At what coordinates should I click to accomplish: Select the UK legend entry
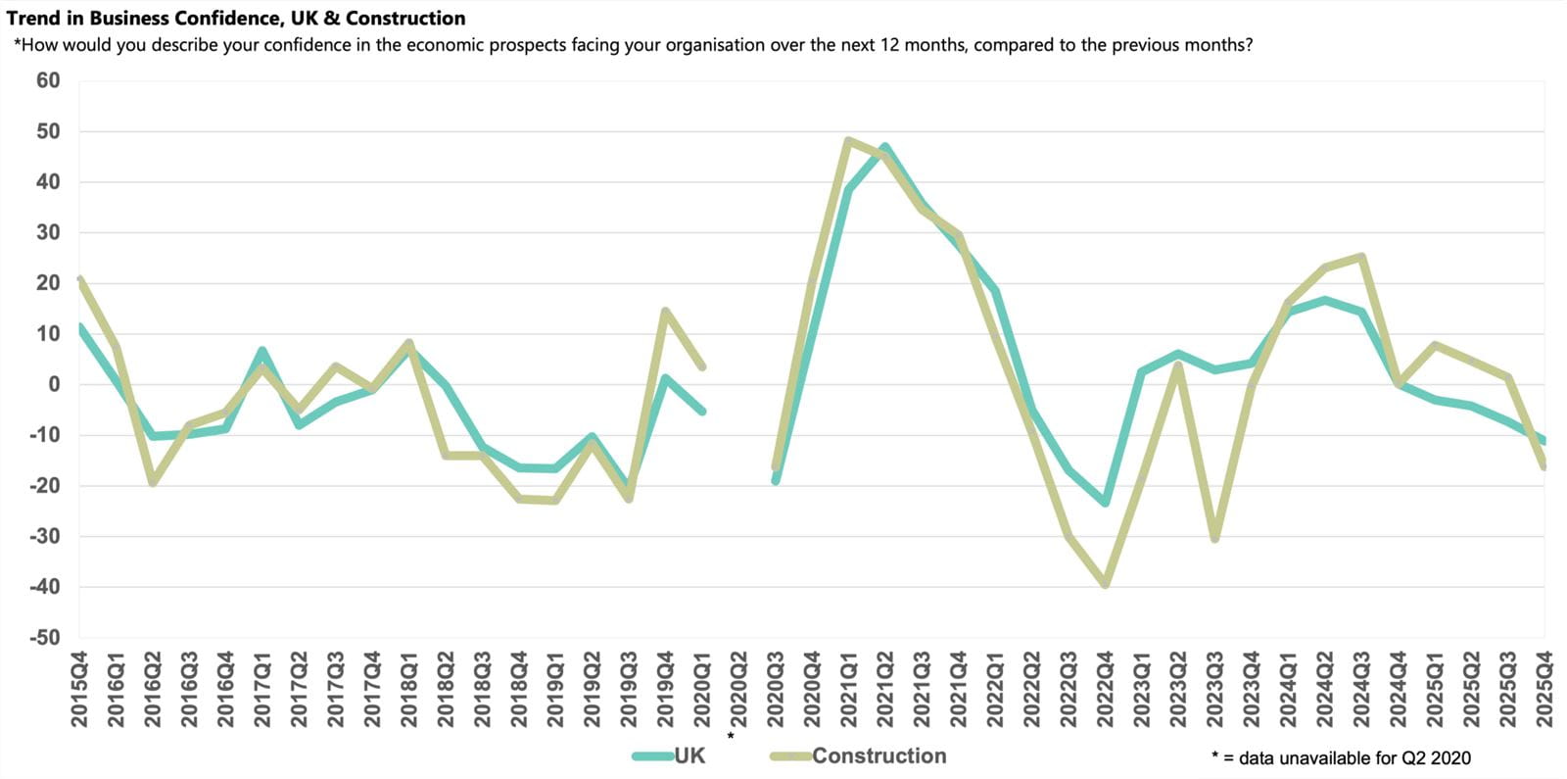tap(689, 755)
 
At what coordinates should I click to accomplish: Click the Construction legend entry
tap(878, 755)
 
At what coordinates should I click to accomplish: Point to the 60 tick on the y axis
tap(48, 80)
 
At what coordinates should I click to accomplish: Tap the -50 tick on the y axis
tap(44, 638)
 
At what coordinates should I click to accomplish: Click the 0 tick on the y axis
tap(54, 384)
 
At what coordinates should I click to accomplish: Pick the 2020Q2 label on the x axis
tap(739, 690)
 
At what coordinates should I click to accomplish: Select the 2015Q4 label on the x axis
tap(79, 690)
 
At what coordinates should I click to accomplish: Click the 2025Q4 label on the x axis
tap(1544, 690)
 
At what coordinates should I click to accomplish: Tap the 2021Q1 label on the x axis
tap(849, 690)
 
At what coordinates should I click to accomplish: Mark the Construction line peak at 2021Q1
tap(848, 141)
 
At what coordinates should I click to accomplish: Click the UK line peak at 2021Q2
tap(885, 148)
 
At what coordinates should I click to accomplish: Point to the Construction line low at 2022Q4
tap(1105, 584)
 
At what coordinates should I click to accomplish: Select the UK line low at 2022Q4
tap(1105, 503)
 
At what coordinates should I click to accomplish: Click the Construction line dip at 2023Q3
tap(1214, 539)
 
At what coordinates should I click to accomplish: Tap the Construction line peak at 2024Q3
tap(1361, 257)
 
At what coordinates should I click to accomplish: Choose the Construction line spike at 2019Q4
tap(666, 312)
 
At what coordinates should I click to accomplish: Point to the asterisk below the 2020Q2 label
tap(731, 736)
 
